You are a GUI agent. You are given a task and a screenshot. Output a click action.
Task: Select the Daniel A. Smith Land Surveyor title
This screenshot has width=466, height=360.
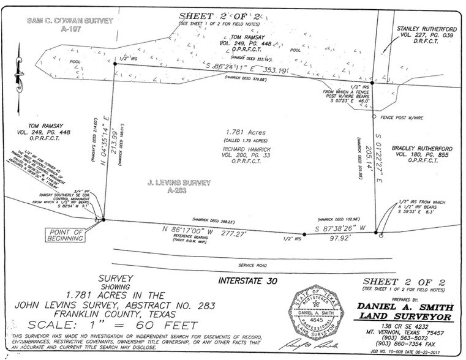coord(405,312)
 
